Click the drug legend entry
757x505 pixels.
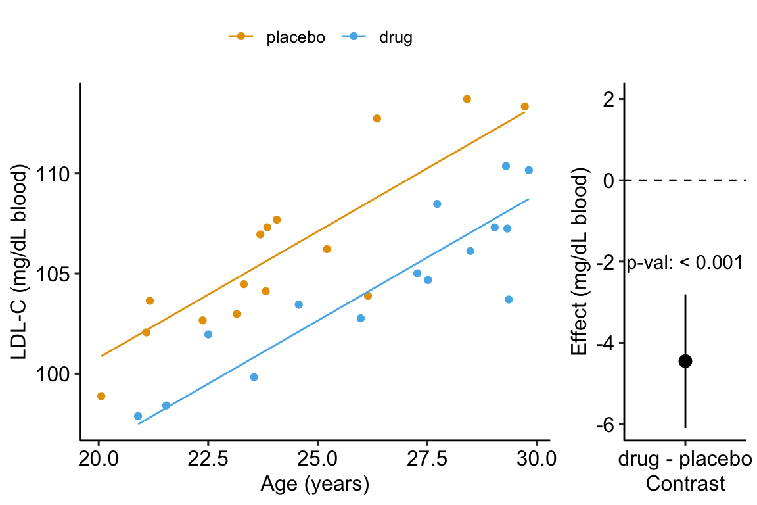(x=378, y=37)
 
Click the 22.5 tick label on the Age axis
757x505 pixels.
(x=208, y=458)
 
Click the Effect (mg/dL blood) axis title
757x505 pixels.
(x=579, y=263)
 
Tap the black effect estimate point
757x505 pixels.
(x=685, y=360)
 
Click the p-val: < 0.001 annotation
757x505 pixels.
(x=685, y=263)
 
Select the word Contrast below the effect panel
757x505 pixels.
(x=685, y=484)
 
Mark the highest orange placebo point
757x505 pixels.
(x=467, y=99)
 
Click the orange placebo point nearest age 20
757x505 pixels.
(x=101, y=396)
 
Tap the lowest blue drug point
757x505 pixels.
(x=138, y=416)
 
